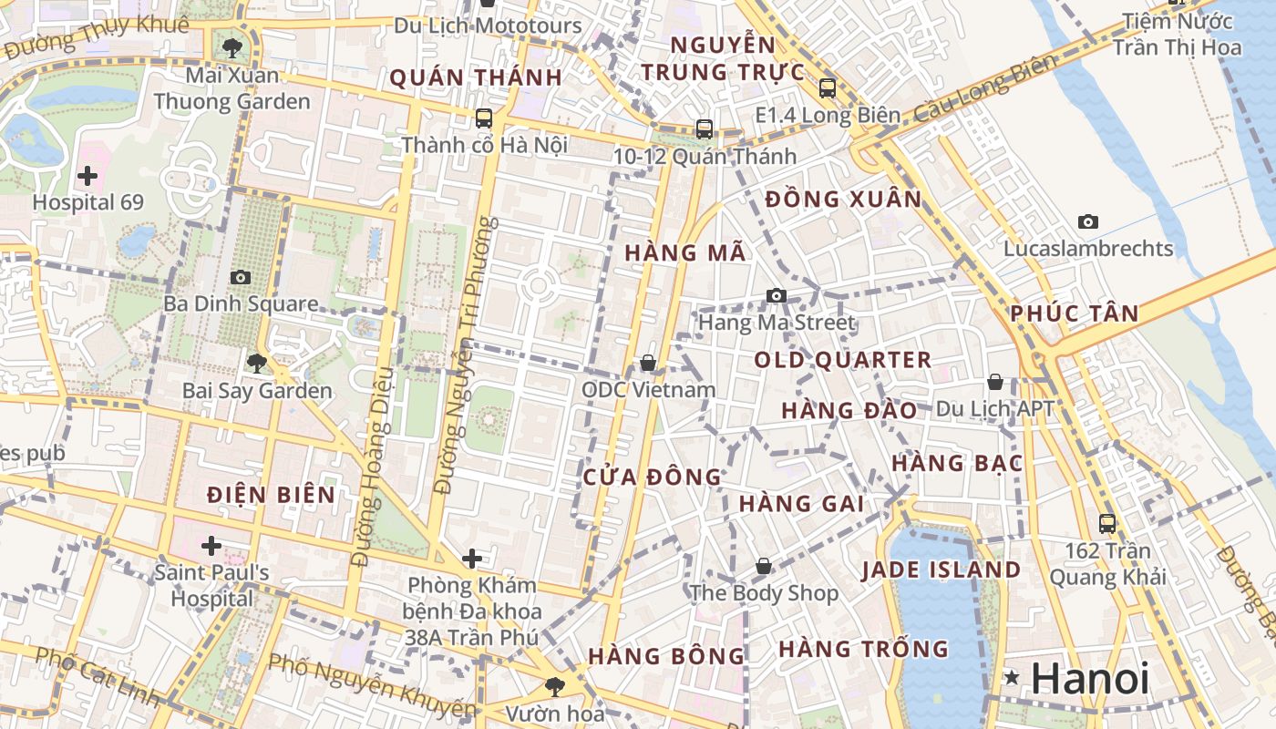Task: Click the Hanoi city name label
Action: click(x=1090, y=679)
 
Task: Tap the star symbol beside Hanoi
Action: click(x=1012, y=677)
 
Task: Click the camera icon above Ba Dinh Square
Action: click(x=241, y=277)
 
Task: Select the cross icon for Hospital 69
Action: click(x=88, y=175)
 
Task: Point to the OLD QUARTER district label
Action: click(x=843, y=360)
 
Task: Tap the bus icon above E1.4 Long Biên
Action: click(x=828, y=88)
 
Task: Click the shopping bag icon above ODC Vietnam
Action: click(x=648, y=364)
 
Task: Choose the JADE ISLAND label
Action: click(x=942, y=570)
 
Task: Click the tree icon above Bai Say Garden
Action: click(x=257, y=364)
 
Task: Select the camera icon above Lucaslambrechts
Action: click(x=1088, y=221)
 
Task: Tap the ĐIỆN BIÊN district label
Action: click(x=271, y=495)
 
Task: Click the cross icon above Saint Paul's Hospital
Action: click(x=211, y=546)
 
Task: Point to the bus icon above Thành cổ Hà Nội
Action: click(x=484, y=118)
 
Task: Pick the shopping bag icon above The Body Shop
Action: click(x=764, y=567)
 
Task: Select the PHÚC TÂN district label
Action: click(x=1075, y=314)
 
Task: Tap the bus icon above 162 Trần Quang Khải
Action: click(x=1107, y=524)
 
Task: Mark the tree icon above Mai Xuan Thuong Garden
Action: click(x=232, y=47)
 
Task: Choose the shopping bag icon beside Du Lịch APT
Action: click(x=995, y=382)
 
